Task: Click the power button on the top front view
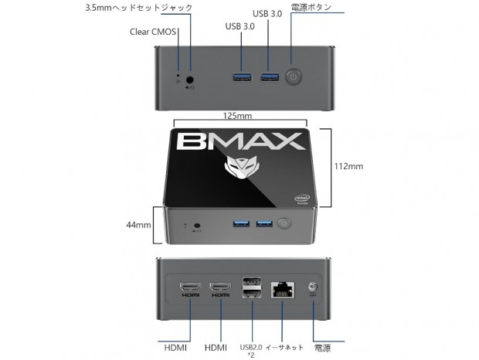pyautogui.click(x=293, y=76)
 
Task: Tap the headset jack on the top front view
pyautogui.click(x=190, y=79)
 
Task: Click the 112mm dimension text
pyautogui.click(x=350, y=165)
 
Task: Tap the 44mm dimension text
pyautogui.click(x=138, y=225)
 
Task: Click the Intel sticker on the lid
pyautogui.click(x=304, y=200)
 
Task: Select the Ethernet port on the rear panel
pyautogui.click(x=280, y=289)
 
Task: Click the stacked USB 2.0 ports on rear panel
pyautogui.click(x=252, y=287)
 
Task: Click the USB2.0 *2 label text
pyautogui.click(x=251, y=351)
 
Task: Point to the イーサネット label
pyautogui.click(x=284, y=347)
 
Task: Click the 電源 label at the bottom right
pyautogui.click(x=322, y=347)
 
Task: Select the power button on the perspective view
pyautogui.click(x=284, y=224)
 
